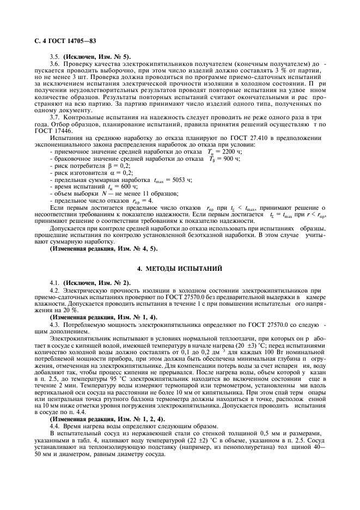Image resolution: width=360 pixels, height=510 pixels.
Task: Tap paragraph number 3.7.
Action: tap(54, 117)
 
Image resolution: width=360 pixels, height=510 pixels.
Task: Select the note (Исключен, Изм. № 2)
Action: tap(97, 283)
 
